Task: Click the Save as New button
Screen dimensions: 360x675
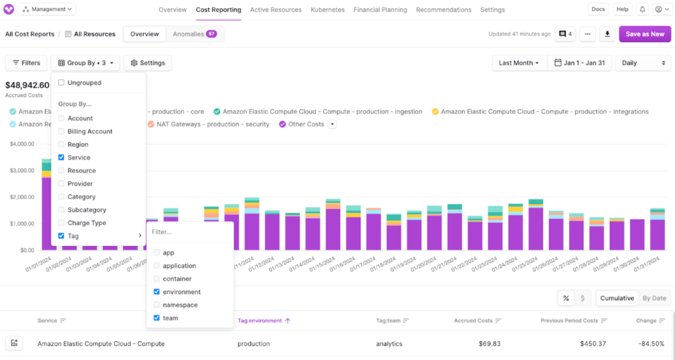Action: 645,34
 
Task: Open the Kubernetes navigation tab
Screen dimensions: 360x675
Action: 328,10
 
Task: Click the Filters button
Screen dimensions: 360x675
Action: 25,63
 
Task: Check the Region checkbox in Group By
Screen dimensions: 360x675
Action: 61,144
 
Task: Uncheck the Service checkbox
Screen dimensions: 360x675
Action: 61,158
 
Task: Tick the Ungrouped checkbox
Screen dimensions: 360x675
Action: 61,82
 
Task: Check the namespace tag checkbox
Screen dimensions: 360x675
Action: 156,305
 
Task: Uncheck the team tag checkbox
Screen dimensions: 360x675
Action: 156,318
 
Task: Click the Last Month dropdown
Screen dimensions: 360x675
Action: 518,63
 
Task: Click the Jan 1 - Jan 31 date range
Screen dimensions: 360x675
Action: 579,63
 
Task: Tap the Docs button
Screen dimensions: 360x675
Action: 598,9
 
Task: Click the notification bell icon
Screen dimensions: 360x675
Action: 642,9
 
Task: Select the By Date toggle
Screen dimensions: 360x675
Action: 654,298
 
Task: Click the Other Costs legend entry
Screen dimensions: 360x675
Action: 306,124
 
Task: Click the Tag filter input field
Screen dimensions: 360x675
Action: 190,232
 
